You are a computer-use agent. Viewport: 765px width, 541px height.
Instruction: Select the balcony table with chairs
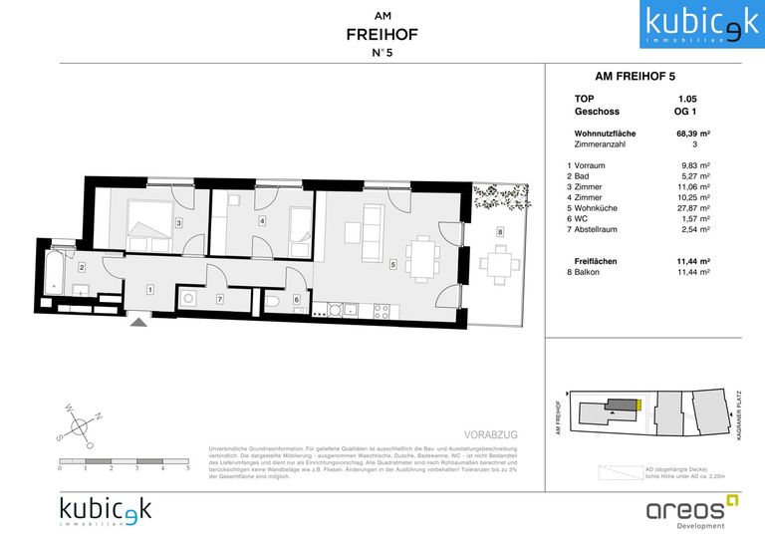[499, 263]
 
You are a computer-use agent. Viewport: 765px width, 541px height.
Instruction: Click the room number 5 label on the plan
[393, 264]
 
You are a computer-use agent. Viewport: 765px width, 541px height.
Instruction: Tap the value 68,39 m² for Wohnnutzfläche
[690, 133]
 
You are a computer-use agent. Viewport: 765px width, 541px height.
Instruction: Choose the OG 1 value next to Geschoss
[687, 113]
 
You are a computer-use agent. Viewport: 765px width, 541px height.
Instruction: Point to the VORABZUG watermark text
[492, 435]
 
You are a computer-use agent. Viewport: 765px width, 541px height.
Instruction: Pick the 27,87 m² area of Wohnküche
[690, 208]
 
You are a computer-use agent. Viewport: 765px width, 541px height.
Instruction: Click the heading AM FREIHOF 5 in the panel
[635, 75]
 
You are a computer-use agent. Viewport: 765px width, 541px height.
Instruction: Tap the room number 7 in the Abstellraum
[220, 299]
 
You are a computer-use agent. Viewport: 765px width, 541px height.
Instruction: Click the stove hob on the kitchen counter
[381, 312]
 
